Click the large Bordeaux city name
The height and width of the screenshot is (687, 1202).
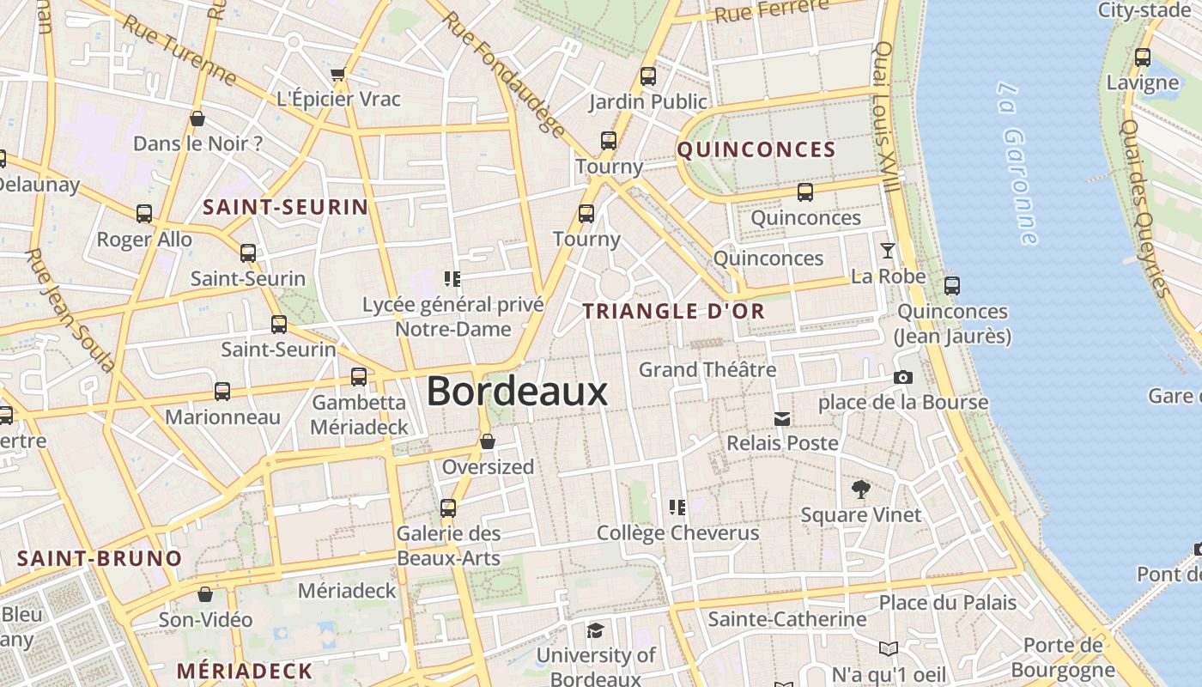click(517, 392)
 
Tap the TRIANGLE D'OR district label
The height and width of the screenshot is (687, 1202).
click(674, 311)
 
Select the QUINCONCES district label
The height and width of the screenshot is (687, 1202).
click(756, 149)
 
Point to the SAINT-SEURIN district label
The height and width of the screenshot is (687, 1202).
click(285, 207)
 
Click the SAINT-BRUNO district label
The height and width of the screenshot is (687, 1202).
click(100, 558)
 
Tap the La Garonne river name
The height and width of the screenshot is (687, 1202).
click(1018, 163)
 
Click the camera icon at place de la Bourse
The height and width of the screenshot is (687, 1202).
click(902, 377)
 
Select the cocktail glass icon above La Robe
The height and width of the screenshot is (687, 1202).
click(888, 251)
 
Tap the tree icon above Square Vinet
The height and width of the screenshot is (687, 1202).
click(860, 489)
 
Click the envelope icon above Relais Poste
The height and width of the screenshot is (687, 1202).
click(782, 418)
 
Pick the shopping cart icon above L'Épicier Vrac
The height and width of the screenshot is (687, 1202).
click(337, 75)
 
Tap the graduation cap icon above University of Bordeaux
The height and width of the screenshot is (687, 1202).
click(594, 631)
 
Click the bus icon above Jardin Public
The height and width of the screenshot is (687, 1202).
click(648, 76)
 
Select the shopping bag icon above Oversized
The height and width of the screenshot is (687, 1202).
click(488, 441)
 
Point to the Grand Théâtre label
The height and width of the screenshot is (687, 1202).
click(707, 369)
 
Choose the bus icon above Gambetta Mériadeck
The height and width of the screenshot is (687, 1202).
click(359, 376)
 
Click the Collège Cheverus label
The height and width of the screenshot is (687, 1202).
click(678, 532)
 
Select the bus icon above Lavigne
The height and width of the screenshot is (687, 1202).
click(1143, 58)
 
